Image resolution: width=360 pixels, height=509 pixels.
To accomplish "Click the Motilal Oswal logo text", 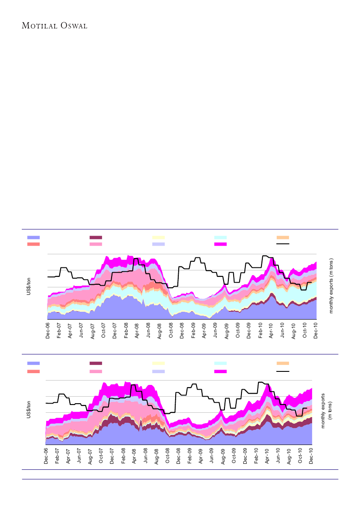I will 54,25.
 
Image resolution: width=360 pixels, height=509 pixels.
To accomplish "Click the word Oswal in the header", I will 74,25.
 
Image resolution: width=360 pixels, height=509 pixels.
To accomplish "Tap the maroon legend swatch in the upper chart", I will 95,237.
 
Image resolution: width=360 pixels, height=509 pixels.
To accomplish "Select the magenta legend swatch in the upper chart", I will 221,244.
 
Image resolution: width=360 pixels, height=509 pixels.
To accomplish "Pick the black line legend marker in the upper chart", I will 283,244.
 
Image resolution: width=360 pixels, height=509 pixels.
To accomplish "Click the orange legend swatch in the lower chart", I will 283,363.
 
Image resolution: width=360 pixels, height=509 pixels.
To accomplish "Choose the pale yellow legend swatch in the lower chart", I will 158,363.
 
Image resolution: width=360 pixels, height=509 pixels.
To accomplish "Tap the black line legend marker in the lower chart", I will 283,371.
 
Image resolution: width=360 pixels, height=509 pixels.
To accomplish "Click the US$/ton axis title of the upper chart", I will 29,285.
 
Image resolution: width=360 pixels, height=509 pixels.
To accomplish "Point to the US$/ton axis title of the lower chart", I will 29,409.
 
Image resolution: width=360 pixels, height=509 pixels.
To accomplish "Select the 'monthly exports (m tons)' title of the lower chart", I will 326,410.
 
